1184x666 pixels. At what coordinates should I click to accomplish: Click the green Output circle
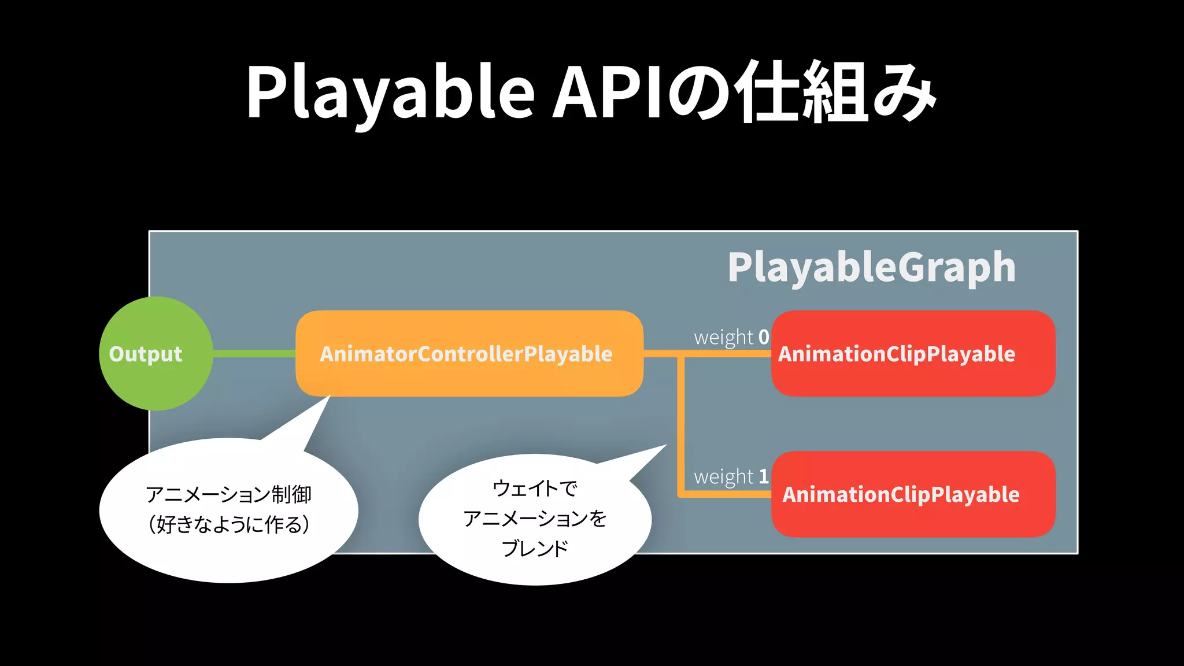pyautogui.click(x=155, y=354)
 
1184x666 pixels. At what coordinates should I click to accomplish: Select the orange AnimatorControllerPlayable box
pyautogui.click(x=468, y=354)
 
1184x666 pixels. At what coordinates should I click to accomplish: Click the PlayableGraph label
pyautogui.click(x=871, y=268)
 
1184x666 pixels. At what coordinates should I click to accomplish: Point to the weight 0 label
pyautogui.click(x=731, y=337)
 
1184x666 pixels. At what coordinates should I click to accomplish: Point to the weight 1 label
pyautogui.click(x=731, y=477)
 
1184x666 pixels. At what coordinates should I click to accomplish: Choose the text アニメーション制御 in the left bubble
pyautogui.click(x=228, y=495)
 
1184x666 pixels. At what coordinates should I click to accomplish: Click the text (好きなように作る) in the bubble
pyautogui.click(x=228, y=525)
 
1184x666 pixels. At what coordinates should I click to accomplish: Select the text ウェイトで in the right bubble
pyautogui.click(x=535, y=489)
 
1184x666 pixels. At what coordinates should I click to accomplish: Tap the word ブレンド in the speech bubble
pyautogui.click(x=535, y=548)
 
